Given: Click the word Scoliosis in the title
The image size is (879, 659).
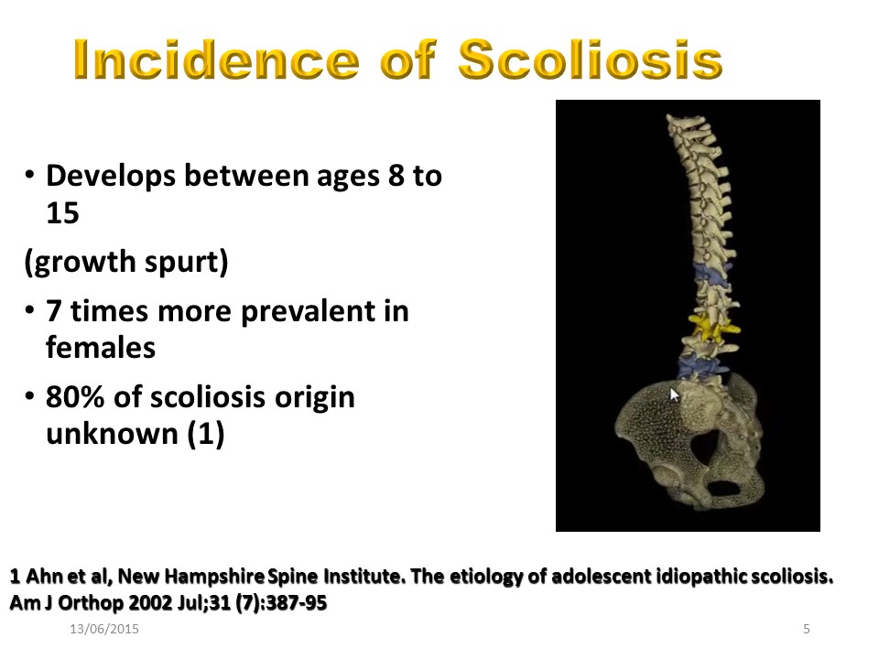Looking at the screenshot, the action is [591, 59].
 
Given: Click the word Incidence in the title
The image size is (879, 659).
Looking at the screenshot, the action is [216, 59].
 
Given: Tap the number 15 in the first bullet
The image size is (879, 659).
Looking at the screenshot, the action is [62, 213].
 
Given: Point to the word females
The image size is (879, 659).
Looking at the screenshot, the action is [101, 348].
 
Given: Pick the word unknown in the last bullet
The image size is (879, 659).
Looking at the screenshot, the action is [112, 434].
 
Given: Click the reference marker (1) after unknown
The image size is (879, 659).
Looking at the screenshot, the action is [206, 434].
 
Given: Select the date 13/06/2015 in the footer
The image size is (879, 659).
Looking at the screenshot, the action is [104, 629].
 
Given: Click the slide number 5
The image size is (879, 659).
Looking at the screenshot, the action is [807, 629].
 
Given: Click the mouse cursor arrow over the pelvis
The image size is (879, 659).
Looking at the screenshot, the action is [675, 394].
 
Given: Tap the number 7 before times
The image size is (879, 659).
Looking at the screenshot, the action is [54, 311].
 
